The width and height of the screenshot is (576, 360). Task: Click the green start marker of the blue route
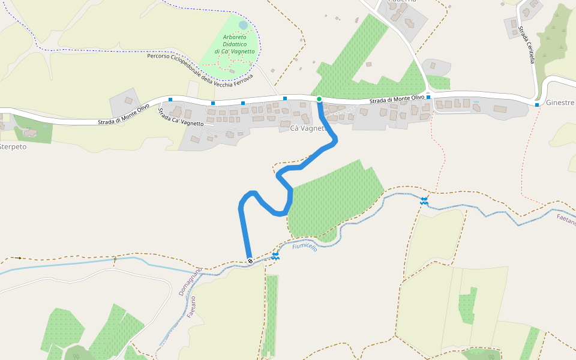pyautogui.click(x=319, y=99)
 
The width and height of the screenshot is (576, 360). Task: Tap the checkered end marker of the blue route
pyautogui.click(x=250, y=260)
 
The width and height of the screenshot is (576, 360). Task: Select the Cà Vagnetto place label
pyautogui.click(x=307, y=128)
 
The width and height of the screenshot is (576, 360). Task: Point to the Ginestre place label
pyautogui.click(x=560, y=103)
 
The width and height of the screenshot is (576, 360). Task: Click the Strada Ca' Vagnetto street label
pyautogui.click(x=181, y=117)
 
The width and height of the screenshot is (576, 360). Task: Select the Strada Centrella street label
pyautogui.click(x=527, y=44)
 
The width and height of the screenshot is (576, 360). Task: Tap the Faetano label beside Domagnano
pyautogui.click(x=191, y=307)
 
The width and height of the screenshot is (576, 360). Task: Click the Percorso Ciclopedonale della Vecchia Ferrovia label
pyautogui.click(x=200, y=71)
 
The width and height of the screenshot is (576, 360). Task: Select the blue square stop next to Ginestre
pyautogui.click(x=537, y=105)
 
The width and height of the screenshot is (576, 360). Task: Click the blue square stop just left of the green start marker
pyautogui.click(x=285, y=98)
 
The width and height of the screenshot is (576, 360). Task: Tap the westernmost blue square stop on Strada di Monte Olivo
pyautogui.click(x=170, y=100)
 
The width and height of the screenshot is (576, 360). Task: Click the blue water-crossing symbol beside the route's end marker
pyautogui.click(x=275, y=256)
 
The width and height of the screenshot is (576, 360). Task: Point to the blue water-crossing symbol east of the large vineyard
pyautogui.click(x=424, y=201)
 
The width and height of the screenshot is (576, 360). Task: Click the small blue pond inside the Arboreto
pyautogui.click(x=242, y=25)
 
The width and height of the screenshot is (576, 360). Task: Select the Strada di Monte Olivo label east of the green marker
pyautogui.click(x=397, y=99)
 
